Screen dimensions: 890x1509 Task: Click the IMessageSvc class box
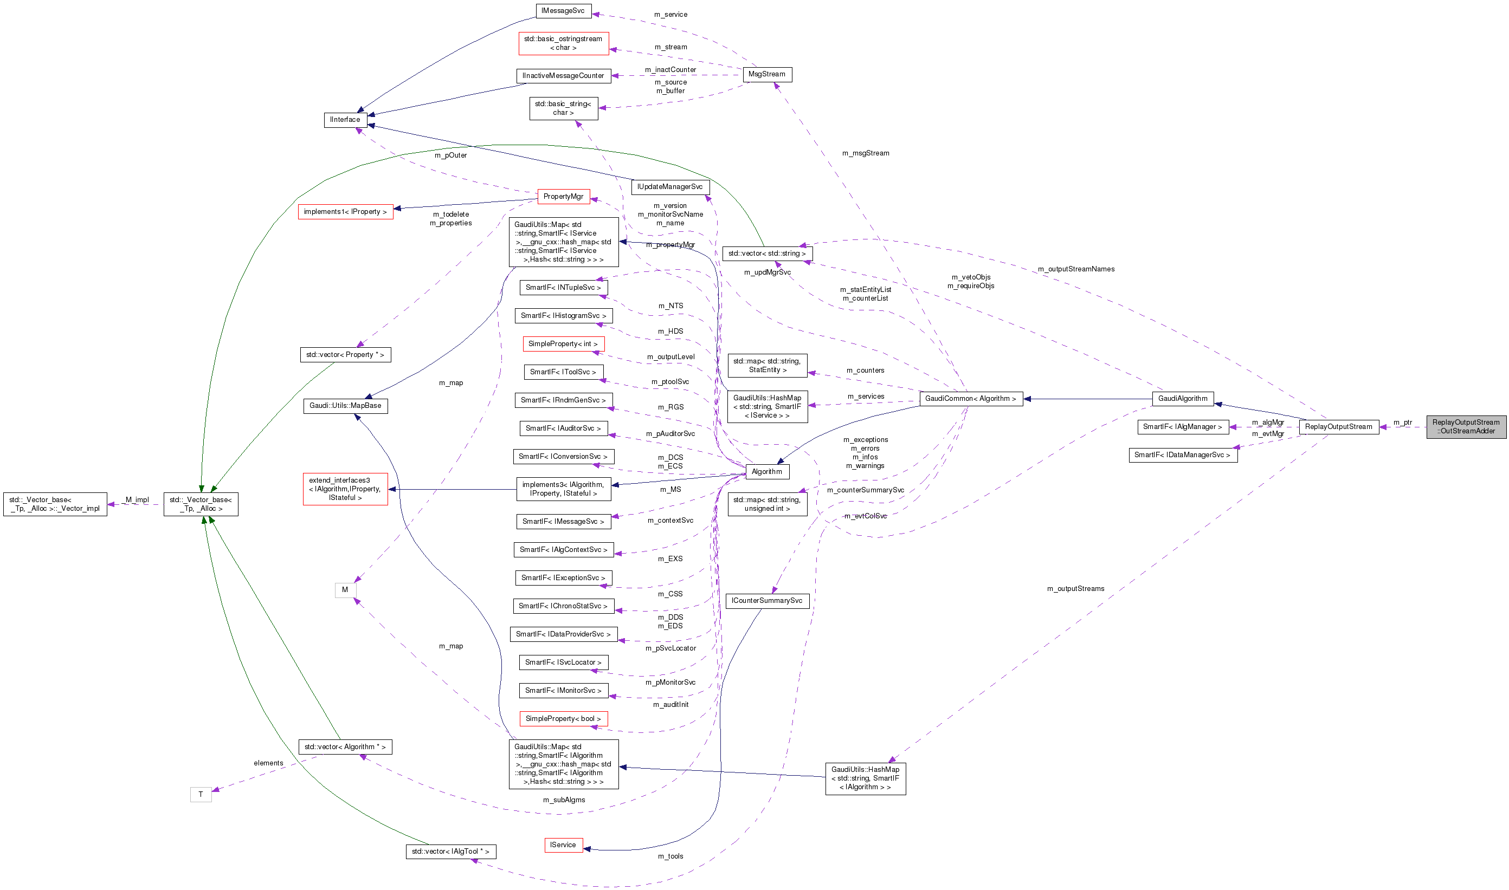coord(563,11)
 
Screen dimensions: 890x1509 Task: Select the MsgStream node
coord(766,74)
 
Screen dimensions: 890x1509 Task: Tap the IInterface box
coord(345,120)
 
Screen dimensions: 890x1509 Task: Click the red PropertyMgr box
coord(563,197)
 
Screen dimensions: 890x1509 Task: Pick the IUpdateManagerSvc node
coord(669,187)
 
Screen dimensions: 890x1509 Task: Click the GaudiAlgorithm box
coord(1182,399)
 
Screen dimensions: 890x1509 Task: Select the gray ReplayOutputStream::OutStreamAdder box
coord(1465,427)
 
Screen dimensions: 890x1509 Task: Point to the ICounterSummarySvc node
coord(766,601)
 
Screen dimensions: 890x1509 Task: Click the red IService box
coord(563,845)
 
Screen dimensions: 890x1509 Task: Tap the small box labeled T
coord(201,795)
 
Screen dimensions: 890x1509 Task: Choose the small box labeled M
coord(345,590)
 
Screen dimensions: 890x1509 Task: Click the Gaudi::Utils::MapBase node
coord(345,406)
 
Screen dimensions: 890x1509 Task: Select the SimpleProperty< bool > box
coord(563,719)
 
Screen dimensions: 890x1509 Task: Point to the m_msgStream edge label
coord(865,153)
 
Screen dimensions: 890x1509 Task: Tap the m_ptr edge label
coord(1402,423)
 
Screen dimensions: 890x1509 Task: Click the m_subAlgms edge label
coord(563,800)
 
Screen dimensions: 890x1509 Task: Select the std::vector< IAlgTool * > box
coord(450,852)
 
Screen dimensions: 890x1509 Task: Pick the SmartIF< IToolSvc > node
coord(563,373)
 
